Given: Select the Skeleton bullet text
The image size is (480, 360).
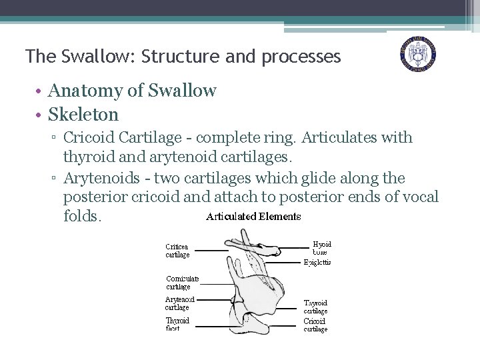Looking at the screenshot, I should pos(83,115).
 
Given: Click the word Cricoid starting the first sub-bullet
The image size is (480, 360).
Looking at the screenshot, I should pos(89,138).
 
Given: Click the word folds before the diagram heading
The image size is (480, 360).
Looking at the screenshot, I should pos(82,217).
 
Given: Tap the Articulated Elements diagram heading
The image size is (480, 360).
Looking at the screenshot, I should pos(253,217).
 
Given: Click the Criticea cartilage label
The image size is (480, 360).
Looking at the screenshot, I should pos(178,250).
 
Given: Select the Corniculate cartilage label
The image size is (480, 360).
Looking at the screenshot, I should pos(182,283).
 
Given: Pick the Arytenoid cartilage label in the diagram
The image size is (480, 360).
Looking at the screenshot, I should pos(179,303).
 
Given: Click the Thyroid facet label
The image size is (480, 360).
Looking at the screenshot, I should pos(177,324).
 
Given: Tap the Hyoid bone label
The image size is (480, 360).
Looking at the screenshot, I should pos(321,248).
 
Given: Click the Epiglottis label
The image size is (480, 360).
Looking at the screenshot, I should pos(317,263).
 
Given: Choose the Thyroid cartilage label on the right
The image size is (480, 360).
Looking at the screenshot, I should pos(315,307).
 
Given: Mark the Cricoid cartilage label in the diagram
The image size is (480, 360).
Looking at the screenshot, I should pos(315,325).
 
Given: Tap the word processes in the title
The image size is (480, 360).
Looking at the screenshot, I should pos(301,57).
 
